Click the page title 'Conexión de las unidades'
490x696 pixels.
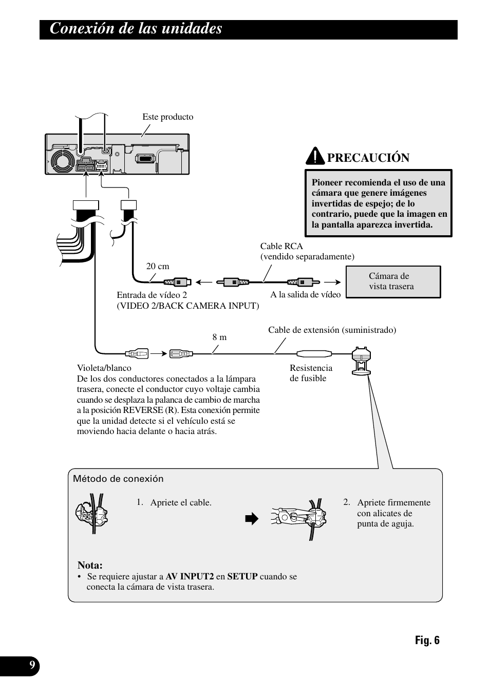tap(136, 29)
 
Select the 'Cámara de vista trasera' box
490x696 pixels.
tap(393, 281)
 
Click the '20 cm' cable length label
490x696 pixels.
tap(158, 266)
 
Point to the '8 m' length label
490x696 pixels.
tap(219, 337)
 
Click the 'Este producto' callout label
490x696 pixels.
tap(168, 117)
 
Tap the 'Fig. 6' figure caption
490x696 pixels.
tap(427, 640)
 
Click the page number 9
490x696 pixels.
tap(32, 666)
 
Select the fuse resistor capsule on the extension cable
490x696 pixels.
tap(314, 353)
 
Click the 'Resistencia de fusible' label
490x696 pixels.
tap(311, 373)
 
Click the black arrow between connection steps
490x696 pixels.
tap(250, 519)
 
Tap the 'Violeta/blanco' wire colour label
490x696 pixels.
tap(104, 368)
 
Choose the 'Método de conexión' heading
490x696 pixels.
tap(118, 479)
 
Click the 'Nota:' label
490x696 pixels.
tap(90, 566)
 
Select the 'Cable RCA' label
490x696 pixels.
tap(281, 246)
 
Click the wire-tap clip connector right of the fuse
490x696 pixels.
tap(361, 362)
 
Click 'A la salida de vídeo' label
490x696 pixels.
tap(306, 294)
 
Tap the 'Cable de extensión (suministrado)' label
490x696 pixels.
tap(332, 330)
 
